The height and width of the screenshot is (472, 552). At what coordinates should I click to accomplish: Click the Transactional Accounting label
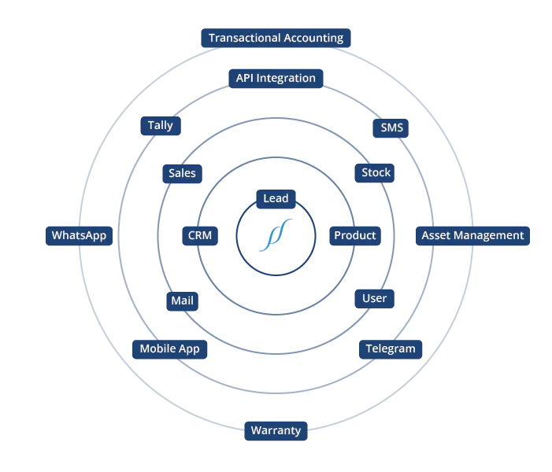[x=276, y=38]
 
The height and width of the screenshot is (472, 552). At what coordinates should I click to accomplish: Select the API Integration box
[x=276, y=78]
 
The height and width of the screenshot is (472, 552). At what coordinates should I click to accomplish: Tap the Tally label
[x=160, y=126]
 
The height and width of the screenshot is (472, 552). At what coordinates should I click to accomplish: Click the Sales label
[x=182, y=173]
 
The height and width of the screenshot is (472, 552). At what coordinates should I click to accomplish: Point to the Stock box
[x=376, y=173]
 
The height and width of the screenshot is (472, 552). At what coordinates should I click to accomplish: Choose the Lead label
[x=276, y=198]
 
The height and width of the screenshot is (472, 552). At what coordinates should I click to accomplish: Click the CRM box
[x=199, y=235]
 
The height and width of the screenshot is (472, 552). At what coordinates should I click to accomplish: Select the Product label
[x=355, y=235]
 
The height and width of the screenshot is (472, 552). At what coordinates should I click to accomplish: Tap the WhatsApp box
[x=79, y=235]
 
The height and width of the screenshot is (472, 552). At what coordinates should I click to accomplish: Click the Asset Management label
[x=472, y=235]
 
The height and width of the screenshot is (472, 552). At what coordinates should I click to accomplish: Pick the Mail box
[x=182, y=301]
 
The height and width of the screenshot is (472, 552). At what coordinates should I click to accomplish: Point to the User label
[x=374, y=298]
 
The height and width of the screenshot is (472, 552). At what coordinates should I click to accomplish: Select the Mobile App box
[x=169, y=348]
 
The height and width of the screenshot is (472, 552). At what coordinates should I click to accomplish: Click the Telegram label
[x=390, y=348]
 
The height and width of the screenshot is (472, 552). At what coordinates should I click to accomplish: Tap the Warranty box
[x=276, y=430]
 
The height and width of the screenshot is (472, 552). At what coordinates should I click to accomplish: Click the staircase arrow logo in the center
[x=276, y=234]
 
